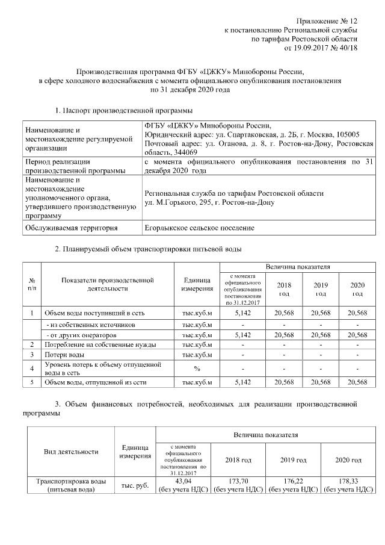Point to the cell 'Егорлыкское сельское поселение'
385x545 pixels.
click(200, 228)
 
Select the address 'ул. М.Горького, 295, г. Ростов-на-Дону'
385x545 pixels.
click(209, 202)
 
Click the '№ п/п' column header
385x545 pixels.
click(31, 284)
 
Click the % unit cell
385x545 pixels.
click(197, 367)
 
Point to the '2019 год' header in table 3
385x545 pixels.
click(294, 460)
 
